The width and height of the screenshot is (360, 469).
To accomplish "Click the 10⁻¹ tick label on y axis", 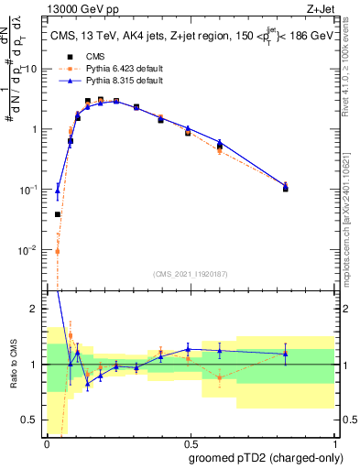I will pos(30,189).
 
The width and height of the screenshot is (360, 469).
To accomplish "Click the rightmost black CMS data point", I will pos(286,188).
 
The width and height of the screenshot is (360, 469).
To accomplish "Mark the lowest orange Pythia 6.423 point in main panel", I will pos(57,251).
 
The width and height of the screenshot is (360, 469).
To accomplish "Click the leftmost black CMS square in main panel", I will pos(57,214).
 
